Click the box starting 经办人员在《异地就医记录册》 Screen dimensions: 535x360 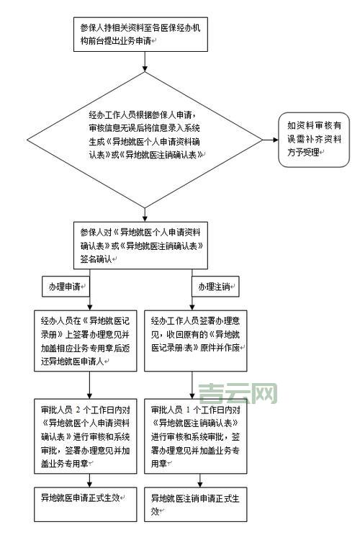(86, 341)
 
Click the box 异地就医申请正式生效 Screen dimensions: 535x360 (86, 497)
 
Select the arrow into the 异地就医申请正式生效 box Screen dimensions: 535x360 (89, 480)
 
